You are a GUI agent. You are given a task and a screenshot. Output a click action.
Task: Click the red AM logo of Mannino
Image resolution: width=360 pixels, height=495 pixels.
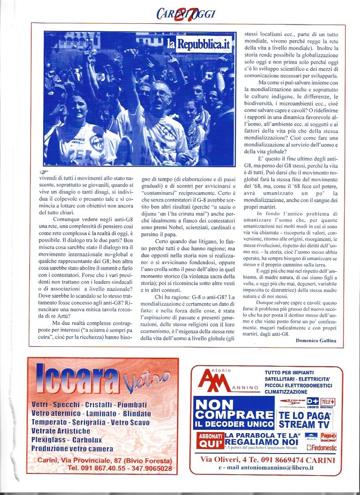[x=214, y=381]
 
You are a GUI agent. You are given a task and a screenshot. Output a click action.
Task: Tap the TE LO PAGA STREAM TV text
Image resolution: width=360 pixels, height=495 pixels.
[x=305, y=420]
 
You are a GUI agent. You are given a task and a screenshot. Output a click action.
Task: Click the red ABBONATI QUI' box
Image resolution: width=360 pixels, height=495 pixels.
[x=210, y=440]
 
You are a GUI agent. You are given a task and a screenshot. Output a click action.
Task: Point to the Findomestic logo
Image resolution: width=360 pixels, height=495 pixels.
[x=322, y=447]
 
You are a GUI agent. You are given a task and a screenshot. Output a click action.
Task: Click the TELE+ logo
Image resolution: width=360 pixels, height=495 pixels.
[x=328, y=402]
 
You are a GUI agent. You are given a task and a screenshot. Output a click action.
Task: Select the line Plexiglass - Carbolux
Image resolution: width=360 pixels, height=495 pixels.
[x=66, y=439]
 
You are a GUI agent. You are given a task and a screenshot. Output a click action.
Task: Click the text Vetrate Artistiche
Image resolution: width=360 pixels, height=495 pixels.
[x=61, y=431]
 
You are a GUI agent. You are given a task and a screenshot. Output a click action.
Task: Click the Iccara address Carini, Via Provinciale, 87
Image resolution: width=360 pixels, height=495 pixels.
[x=104, y=460]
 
